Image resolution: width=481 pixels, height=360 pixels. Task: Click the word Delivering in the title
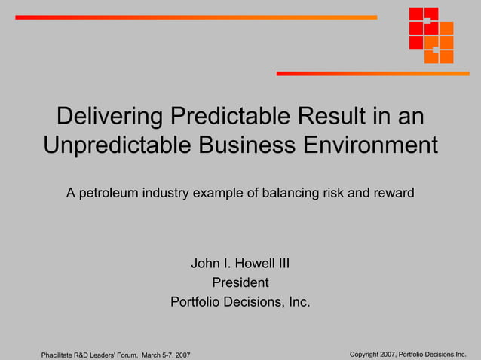[110, 117]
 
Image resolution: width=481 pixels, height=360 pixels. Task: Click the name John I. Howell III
[240, 264]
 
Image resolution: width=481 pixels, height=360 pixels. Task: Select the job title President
[240, 283]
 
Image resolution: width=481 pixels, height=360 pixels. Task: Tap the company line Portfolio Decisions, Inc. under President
[240, 302]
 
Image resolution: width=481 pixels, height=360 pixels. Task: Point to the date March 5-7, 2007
[166, 355]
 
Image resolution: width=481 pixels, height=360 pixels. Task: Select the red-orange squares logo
[430, 35]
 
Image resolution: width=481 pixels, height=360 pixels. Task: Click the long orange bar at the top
[196, 17]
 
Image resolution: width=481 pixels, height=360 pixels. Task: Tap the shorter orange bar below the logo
[372, 73]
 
